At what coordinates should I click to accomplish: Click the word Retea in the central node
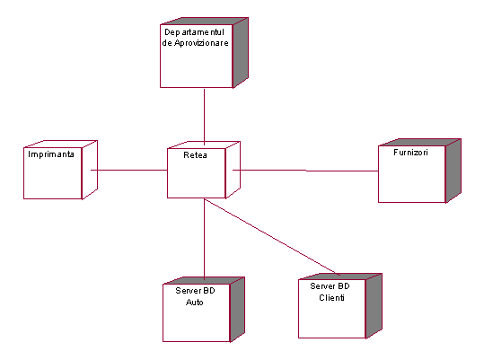tap(195, 154)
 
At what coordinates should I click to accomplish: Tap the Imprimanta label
tap(51, 154)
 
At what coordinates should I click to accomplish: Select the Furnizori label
tap(410, 153)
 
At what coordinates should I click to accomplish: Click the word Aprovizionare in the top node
tap(201, 43)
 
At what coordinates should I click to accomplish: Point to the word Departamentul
tap(194, 32)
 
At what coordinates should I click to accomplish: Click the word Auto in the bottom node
tap(195, 302)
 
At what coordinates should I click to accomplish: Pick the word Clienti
tap(332, 298)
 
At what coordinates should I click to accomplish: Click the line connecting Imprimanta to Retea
tap(129, 170)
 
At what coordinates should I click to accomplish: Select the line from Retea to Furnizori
tap(305, 171)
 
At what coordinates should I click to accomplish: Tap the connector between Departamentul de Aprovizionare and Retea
tap(204, 117)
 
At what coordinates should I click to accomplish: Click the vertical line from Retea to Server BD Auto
tap(204, 239)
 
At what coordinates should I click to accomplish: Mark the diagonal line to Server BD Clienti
tap(272, 237)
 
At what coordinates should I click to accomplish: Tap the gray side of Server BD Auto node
tap(237, 309)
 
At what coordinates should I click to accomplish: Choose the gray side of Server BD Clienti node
tap(374, 305)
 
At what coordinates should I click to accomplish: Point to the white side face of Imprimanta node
tap(90, 170)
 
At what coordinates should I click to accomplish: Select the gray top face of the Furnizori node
tap(420, 142)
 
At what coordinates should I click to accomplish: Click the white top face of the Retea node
tap(204, 145)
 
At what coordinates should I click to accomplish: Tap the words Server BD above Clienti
tap(330, 286)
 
